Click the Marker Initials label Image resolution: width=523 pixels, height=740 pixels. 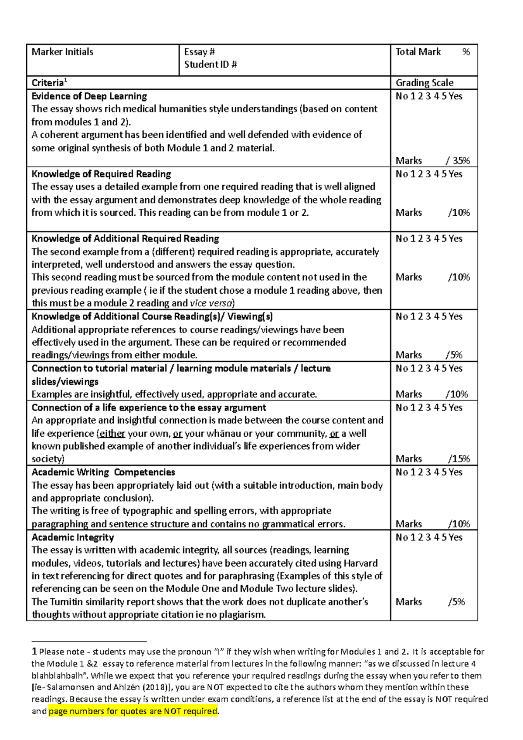coord(62,52)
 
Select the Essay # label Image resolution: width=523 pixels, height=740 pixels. coord(199,52)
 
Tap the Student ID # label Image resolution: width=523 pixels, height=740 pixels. coord(210,64)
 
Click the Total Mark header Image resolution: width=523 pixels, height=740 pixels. coord(418,52)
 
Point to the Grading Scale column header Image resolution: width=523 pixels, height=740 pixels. coord(424,83)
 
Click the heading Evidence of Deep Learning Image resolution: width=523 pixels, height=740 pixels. coord(89,96)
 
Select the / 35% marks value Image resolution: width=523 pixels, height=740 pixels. coord(458,160)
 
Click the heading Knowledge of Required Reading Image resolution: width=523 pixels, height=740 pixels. coord(101,174)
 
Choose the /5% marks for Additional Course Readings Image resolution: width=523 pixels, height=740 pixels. coord(454,355)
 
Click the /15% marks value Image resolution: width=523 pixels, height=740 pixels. coord(459,458)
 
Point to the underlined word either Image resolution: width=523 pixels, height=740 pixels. coord(112,434)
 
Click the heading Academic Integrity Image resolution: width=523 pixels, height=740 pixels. coord(72,537)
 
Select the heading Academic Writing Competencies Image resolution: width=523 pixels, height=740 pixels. coord(103,472)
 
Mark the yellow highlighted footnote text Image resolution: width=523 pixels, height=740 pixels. coord(133,711)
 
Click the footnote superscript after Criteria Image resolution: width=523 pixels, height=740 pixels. coord(65,81)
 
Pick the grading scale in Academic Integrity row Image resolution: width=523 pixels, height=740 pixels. coord(429,537)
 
